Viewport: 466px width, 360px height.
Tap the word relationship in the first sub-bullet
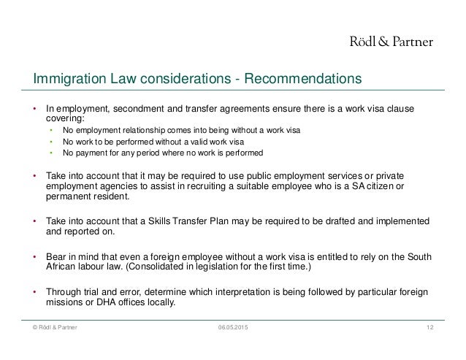[x=136, y=131]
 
